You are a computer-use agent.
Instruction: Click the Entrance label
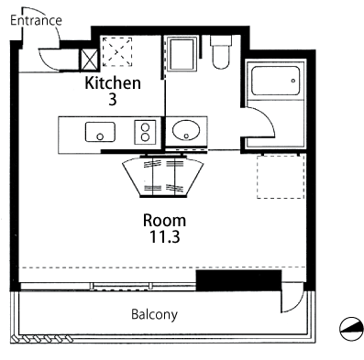tap(36, 21)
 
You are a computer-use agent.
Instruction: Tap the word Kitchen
tap(113, 82)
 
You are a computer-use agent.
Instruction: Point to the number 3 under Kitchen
tap(113, 100)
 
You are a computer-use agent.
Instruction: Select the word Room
tap(164, 220)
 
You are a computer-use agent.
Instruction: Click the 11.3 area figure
tap(164, 236)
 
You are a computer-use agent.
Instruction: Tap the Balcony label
tap(154, 314)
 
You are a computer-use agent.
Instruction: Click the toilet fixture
tap(220, 52)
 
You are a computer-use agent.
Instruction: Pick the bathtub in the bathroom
tap(275, 81)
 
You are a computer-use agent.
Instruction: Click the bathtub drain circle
tap(293, 81)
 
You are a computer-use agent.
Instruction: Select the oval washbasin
tap(186, 130)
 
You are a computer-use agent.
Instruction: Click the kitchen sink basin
tap(100, 132)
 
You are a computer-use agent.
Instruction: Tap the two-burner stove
tap(145, 132)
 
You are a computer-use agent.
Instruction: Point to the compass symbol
tap(351, 329)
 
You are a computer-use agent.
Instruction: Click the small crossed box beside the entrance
tap(89, 60)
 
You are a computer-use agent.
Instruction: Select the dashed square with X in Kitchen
tap(117, 52)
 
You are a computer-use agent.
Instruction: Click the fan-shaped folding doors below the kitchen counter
tap(163, 177)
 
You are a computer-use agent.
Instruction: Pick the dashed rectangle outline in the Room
tap(281, 177)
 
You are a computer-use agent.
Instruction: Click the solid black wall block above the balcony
tap(238, 280)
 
